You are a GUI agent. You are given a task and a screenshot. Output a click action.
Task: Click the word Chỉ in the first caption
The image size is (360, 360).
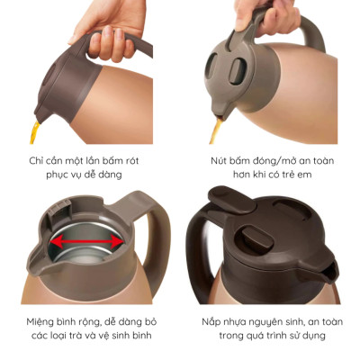(38, 160)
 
